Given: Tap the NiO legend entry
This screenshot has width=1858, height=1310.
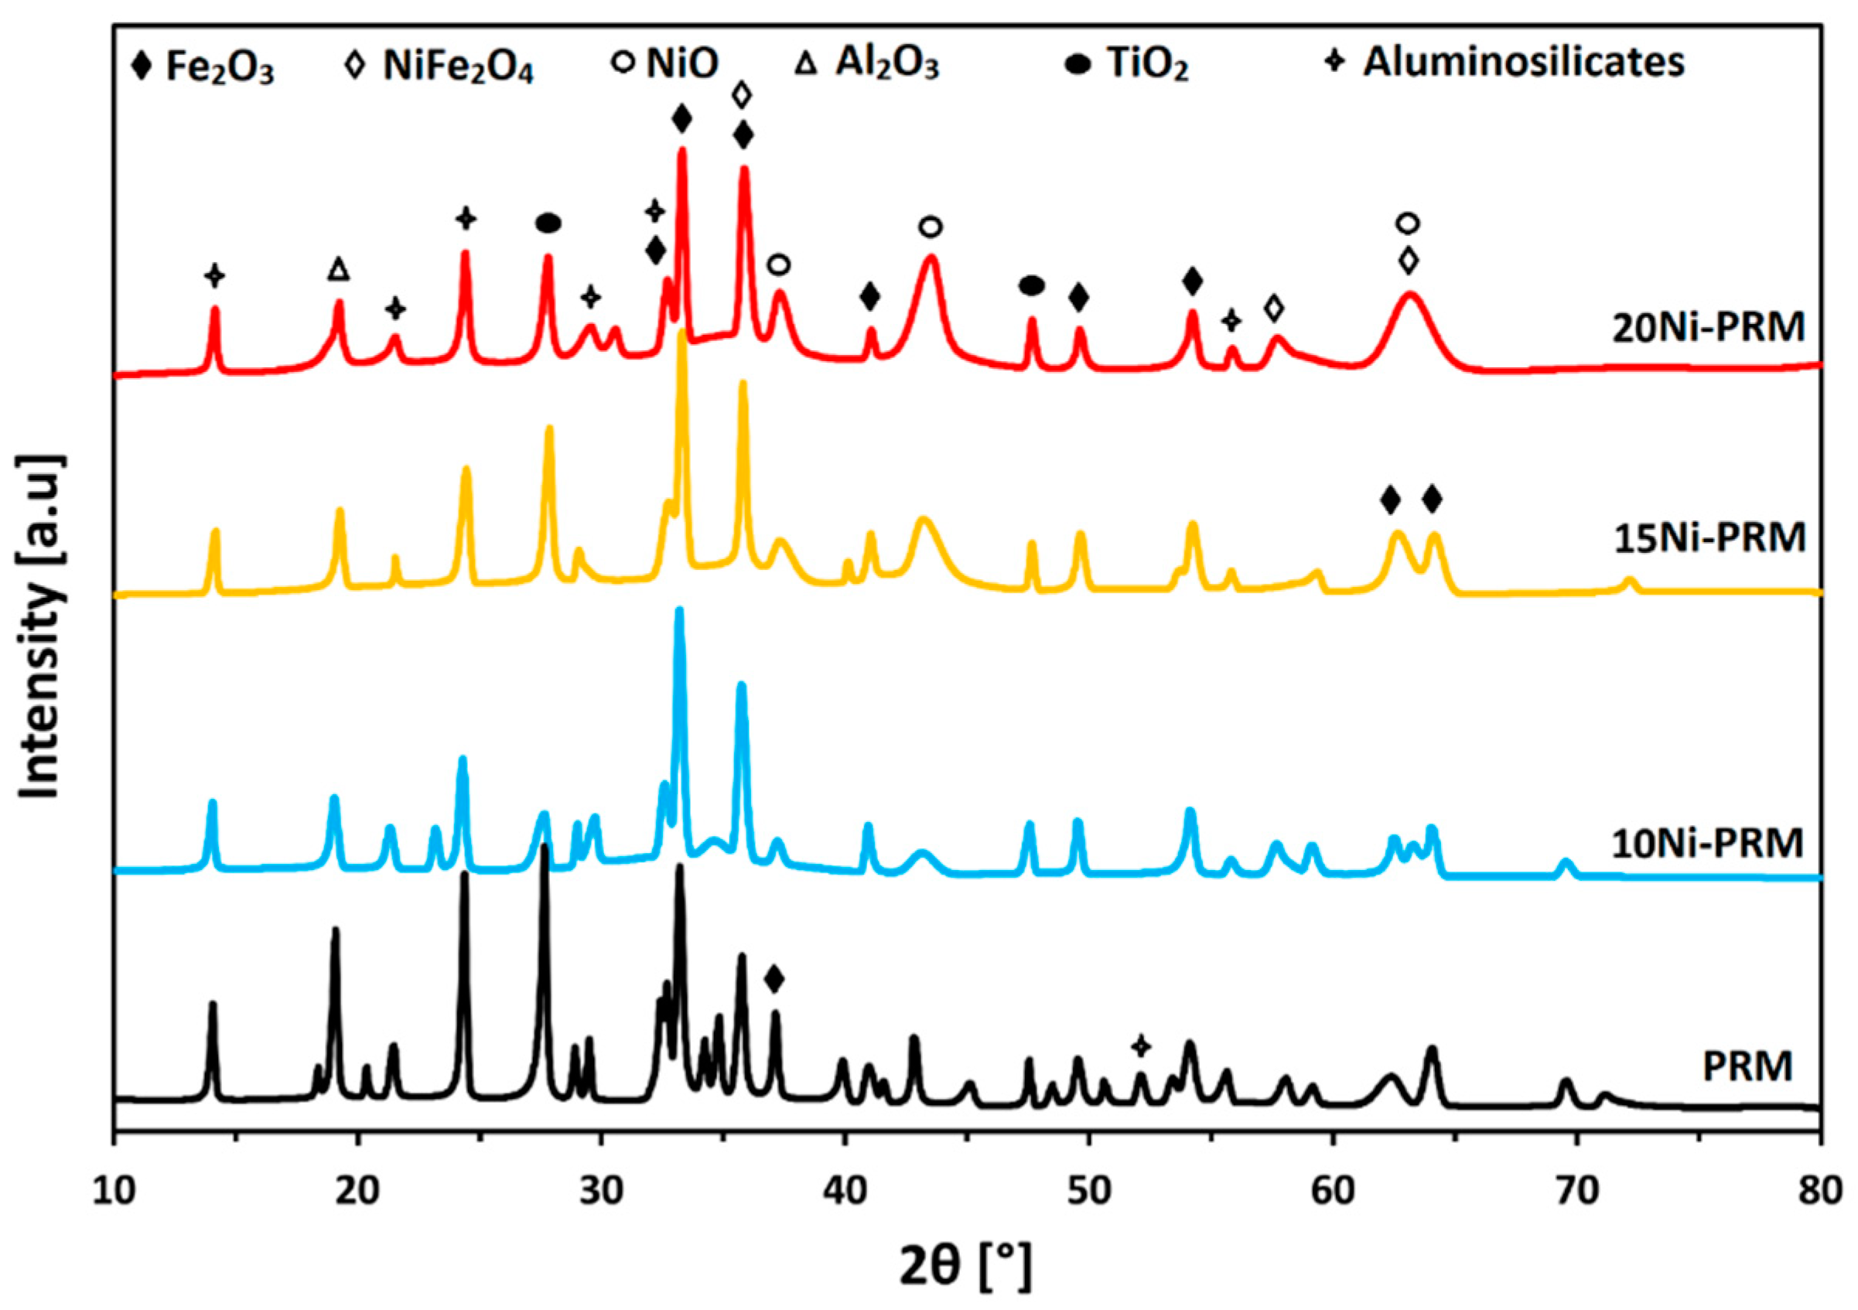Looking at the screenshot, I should (665, 64).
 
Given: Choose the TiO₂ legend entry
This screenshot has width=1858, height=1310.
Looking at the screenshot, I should (1129, 66).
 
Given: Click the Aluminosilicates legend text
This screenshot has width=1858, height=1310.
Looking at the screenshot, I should (1505, 63).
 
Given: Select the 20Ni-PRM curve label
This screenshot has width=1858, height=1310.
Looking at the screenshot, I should (1708, 328).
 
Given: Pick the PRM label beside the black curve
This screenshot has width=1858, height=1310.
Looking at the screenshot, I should (1747, 1066).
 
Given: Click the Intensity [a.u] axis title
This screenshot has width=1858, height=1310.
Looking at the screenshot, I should (40, 627).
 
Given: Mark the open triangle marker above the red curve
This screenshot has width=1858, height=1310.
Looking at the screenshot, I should (339, 269).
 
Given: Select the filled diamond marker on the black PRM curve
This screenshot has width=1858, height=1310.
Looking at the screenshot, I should (774, 979).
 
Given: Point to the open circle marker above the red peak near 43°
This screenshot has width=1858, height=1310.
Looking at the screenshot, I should (931, 227).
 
